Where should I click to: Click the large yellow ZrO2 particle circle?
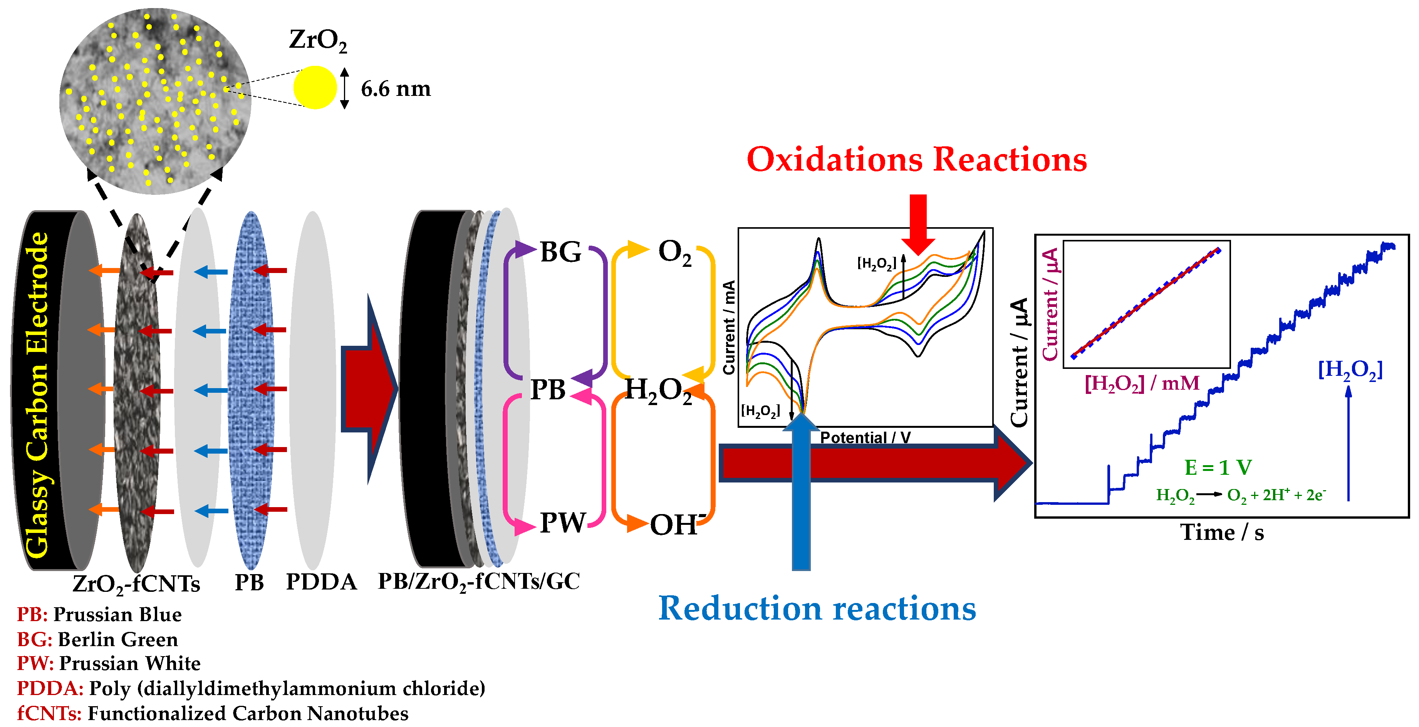coord(315,87)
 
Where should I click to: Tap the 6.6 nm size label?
coord(396,89)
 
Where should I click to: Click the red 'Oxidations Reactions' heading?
coord(916,160)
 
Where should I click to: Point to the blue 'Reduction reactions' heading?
coord(817,608)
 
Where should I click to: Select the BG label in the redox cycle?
coord(560,252)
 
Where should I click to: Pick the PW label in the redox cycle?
coord(562,522)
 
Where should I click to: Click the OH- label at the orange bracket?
coord(676,524)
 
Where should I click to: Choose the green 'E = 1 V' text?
coord(1218,467)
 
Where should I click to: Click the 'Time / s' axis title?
coord(1221,533)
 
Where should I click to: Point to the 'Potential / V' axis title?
coord(865,437)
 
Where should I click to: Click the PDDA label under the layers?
coord(321,581)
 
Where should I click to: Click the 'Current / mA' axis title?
coord(729,328)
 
